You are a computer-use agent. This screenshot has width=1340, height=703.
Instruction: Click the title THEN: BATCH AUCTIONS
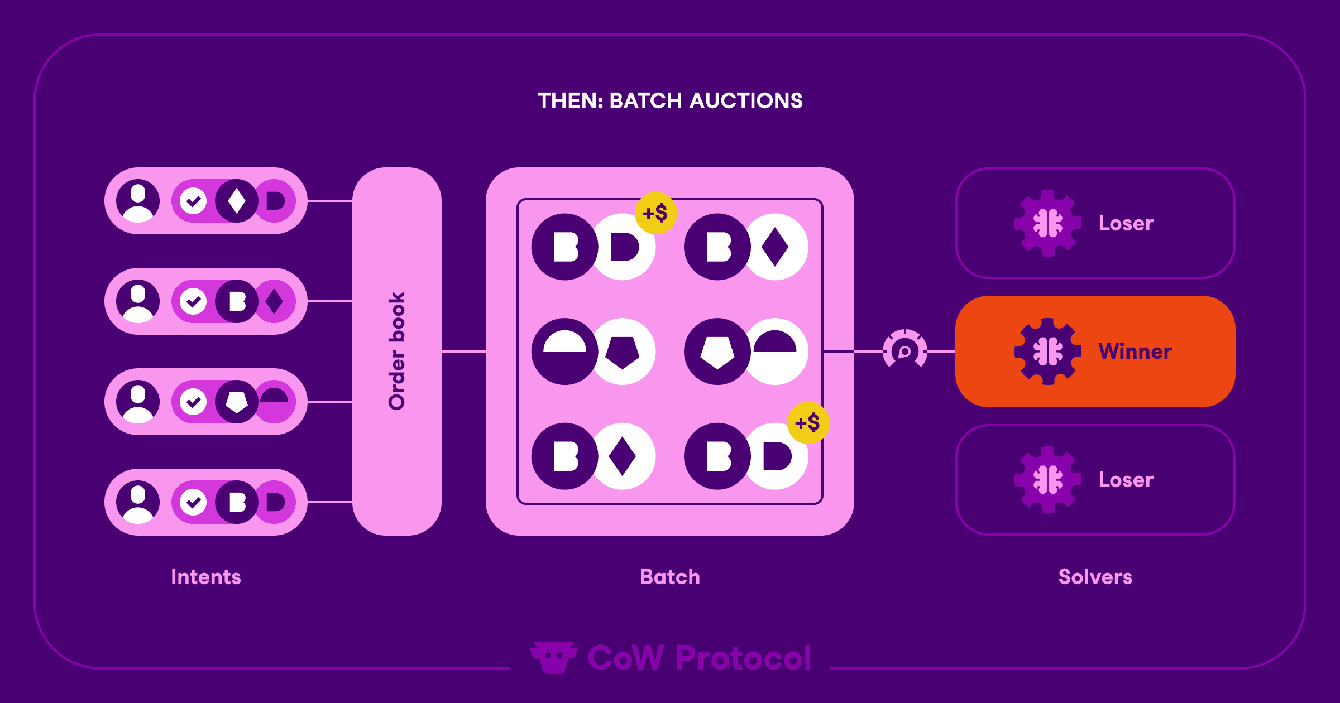click(670, 101)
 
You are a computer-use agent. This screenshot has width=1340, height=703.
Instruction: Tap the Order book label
click(397, 351)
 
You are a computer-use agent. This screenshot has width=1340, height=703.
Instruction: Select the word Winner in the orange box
click(1135, 351)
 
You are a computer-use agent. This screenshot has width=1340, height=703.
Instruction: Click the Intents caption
click(206, 577)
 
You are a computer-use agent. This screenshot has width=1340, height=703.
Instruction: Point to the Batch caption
click(670, 577)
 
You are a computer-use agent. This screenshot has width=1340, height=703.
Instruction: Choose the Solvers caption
click(1095, 577)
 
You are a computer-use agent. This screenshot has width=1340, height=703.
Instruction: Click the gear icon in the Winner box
click(1047, 351)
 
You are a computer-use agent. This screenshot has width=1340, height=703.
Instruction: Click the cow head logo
click(553, 657)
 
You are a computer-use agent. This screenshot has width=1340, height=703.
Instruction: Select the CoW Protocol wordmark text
click(699, 658)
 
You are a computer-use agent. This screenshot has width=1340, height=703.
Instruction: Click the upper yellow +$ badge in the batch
click(655, 213)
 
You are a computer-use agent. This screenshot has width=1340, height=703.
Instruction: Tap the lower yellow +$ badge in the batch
click(808, 423)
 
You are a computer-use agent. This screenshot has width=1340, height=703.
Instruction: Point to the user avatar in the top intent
click(138, 201)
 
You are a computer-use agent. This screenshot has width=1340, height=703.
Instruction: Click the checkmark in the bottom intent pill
click(193, 502)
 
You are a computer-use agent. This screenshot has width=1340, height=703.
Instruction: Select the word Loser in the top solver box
click(1126, 223)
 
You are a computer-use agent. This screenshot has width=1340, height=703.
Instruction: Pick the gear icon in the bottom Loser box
click(1047, 480)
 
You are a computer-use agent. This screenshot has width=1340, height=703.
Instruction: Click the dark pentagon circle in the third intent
click(237, 402)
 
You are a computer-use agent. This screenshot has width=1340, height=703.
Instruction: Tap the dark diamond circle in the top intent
click(237, 201)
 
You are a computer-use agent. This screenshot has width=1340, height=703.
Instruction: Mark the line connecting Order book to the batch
click(463, 351)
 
